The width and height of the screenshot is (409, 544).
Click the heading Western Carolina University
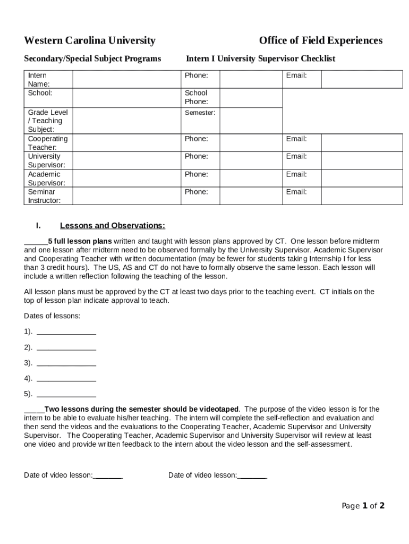point(90,41)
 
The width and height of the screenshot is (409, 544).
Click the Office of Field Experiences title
point(320,41)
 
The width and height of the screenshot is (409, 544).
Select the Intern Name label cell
point(39,80)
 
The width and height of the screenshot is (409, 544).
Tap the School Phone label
point(197,97)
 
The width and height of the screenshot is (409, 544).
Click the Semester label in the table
point(200,113)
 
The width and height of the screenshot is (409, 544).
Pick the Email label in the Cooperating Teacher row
point(296,139)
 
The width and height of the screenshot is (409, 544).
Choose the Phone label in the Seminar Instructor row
point(196,192)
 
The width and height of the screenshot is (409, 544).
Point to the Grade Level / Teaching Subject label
point(48,121)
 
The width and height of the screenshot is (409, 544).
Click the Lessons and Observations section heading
point(113,226)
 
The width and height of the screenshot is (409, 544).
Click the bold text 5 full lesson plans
point(80,240)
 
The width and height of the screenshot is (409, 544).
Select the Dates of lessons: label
point(52,316)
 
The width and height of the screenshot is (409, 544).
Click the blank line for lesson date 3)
point(66,364)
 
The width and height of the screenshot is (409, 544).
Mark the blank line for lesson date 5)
point(66,395)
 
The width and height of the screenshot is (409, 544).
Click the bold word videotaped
point(219,409)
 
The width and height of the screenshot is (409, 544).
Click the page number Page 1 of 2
point(363,506)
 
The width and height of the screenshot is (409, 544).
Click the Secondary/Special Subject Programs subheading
point(92,58)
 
